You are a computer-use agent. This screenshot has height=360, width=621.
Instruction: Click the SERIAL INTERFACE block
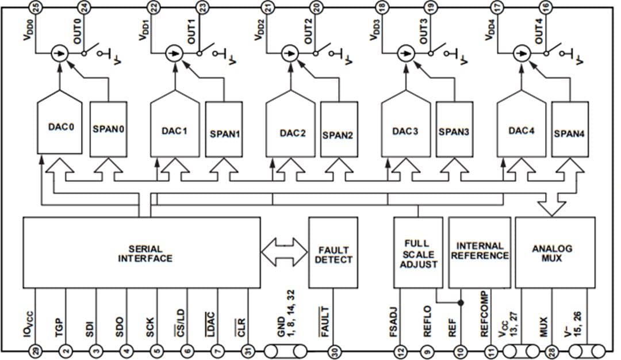pyautogui.click(x=141, y=253)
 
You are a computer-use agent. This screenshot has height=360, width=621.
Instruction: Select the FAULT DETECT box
pyautogui.click(x=333, y=253)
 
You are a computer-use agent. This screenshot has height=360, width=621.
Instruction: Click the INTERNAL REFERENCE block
pyautogui.click(x=480, y=253)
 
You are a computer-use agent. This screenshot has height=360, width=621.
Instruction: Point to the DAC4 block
pyautogui.click(x=520, y=130)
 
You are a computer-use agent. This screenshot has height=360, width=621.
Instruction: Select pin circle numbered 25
pyautogui.click(x=36, y=7)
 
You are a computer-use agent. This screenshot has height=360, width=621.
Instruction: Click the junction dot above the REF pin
pyautogui.click(x=461, y=301)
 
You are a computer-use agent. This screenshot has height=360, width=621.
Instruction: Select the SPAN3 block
pyautogui.click(x=454, y=132)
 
